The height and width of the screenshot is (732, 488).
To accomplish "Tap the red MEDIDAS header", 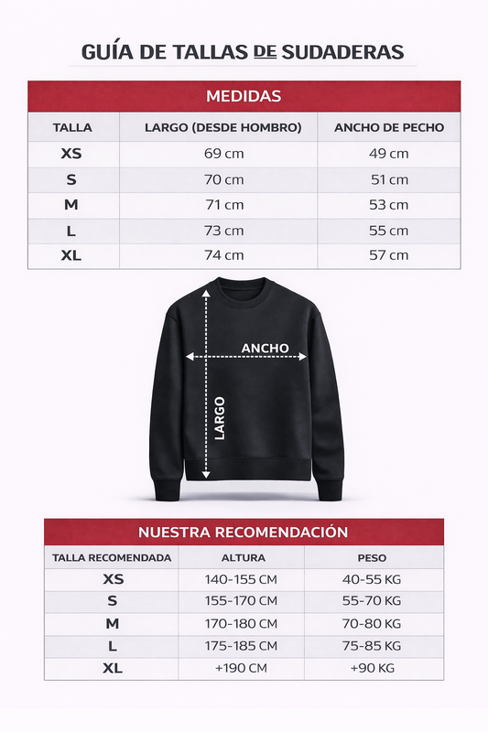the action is point(244,96).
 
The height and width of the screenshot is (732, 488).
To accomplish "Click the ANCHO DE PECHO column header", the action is point(388,127).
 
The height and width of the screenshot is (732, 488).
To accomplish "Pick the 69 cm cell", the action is point(223,154).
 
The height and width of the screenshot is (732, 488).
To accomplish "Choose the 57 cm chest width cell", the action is point(388,255).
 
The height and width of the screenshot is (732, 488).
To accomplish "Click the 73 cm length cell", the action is point(223,231).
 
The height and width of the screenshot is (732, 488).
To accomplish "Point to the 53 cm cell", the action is point(388,205).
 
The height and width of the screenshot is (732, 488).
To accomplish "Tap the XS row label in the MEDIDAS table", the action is point(71,154).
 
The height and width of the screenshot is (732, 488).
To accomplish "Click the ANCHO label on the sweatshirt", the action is point(265,348).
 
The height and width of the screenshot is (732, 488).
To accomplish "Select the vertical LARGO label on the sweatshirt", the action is point(220,418).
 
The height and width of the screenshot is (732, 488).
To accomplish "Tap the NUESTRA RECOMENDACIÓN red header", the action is point(244,532).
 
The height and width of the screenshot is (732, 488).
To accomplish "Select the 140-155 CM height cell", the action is point(241,579).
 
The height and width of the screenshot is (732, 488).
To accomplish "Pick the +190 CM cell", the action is point(241,669).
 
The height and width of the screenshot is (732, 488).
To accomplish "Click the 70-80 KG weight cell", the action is point(372,624).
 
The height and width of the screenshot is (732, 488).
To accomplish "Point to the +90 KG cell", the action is point(372,669).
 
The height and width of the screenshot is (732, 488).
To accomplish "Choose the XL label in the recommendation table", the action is point(113,669).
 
